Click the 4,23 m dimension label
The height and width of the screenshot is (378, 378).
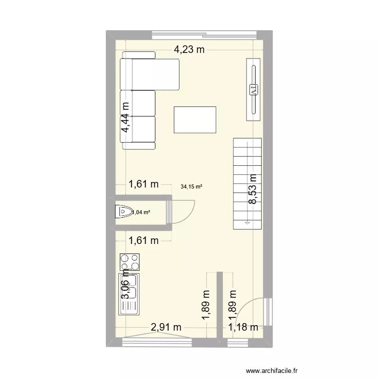pyautogui.click(x=190, y=49)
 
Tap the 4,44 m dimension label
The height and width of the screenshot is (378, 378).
pyautogui.click(x=124, y=117)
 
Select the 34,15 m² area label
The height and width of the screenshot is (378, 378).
pyautogui.click(x=191, y=186)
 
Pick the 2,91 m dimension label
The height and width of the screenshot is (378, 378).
pyautogui.click(x=166, y=327)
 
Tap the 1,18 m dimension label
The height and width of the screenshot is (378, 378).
pyautogui.click(x=243, y=327)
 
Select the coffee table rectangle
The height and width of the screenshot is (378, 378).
pyautogui.click(x=195, y=119)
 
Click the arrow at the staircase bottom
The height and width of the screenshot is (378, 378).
pyautogui.click(x=247, y=222)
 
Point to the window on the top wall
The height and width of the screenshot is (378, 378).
pyautogui.click(x=205, y=35)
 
